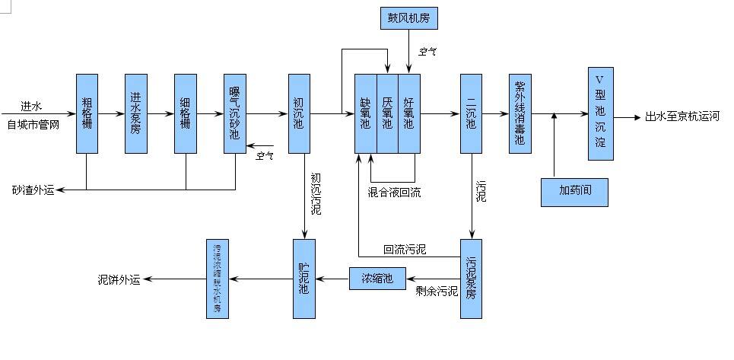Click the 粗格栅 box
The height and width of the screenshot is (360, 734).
click(x=87, y=113)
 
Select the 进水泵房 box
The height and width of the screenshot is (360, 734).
click(x=135, y=113)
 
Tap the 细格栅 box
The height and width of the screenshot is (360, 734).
click(x=186, y=113)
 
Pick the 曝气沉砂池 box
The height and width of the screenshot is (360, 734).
click(x=234, y=113)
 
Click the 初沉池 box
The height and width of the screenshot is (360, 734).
click(x=299, y=113)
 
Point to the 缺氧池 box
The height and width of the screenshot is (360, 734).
click(x=366, y=113)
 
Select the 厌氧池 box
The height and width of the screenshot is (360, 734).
click(x=387, y=113)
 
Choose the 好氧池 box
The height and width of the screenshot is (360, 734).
click(x=409, y=113)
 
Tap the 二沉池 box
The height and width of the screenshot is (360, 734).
click(x=471, y=113)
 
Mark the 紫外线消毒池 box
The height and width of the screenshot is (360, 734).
click(x=520, y=113)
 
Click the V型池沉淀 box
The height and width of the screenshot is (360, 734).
click(x=600, y=113)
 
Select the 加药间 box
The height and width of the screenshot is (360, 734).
click(x=574, y=191)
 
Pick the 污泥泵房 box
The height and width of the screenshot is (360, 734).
click(x=471, y=278)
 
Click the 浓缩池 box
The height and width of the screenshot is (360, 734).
click(x=377, y=279)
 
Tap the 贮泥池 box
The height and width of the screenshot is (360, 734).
click(x=303, y=278)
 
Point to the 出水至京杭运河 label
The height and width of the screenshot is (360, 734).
click(x=682, y=116)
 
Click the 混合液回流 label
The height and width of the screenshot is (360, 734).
click(x=393, y=192)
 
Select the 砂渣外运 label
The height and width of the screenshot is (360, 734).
click(x=33, y=189)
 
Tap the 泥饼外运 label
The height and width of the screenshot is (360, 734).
click(x=119, y=279)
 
